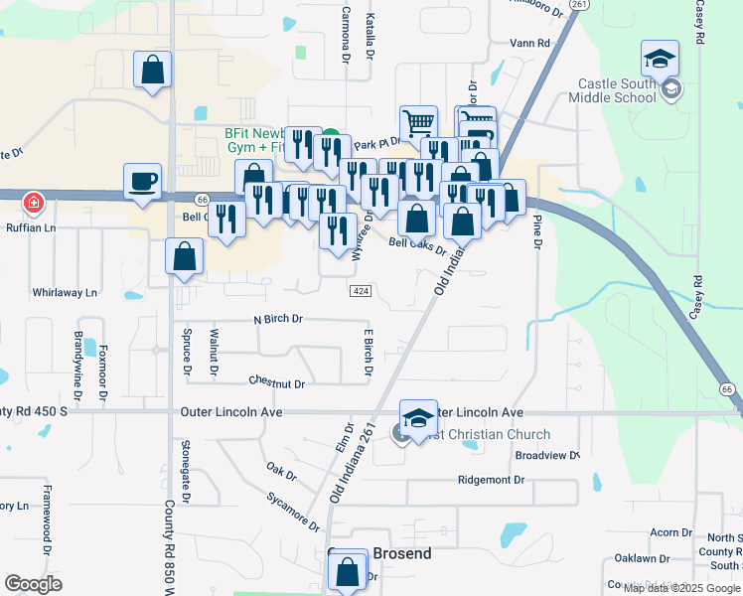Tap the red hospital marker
coord(34,203)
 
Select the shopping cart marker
coord(419,123)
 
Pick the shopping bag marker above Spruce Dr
coord(185,256)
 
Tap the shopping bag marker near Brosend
coord(347,572)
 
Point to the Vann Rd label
coord(528,44)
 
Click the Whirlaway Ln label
coord(65,293)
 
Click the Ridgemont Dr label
coord(491,480)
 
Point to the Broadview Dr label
coord(547,455)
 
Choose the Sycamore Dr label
coord(294,511)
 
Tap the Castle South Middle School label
coord(612,91)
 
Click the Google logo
coord(33,584)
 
